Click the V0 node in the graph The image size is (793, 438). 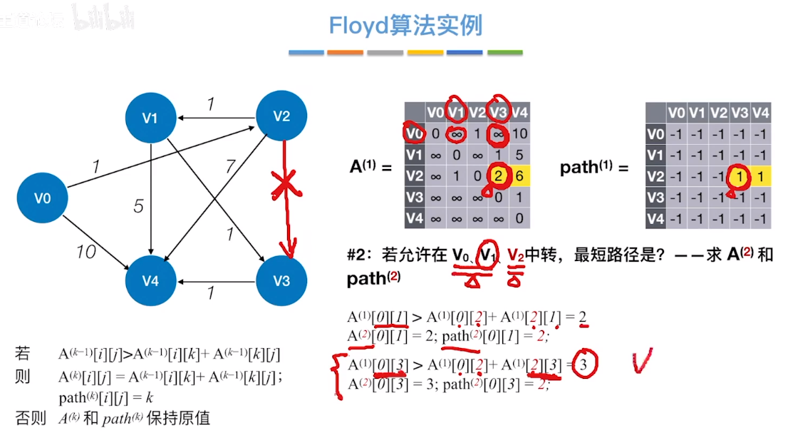[x=43, y=198]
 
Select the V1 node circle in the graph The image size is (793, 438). [x=150, y=118]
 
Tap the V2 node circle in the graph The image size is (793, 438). [x=282, y=116]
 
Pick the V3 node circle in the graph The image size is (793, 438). [x=281, y=280]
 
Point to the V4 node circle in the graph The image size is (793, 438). [x=150, y=280]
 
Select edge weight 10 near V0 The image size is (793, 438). [x=86, y=251]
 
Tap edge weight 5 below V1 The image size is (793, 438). [x=138, y=207]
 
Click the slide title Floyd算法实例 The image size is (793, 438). [x=405, y=26]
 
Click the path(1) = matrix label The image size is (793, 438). [x=594, y=168]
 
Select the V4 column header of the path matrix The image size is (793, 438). [x=761, y=113]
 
